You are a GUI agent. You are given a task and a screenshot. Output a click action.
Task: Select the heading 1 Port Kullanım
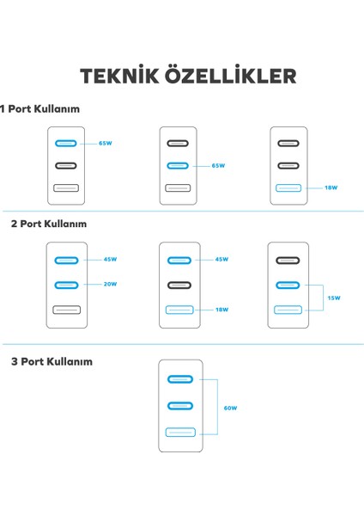pyautogui.click(x=39, y=109)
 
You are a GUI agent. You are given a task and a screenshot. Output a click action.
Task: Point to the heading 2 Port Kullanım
pyautogui.click(x=49, y=224)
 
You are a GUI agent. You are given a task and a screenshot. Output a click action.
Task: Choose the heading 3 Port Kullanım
pyautogui.click(x=52, y=362)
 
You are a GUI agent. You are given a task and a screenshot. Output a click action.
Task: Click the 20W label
pyautogui.click(x=111, y=284)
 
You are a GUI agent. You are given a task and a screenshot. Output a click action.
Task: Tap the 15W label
pyautogui.click(x=334, y=298)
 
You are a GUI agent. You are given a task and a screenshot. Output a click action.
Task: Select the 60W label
pyautogui.click(x=230, y=408)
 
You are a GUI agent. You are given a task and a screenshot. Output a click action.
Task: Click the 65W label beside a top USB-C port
pyautogui.click(x=106, y=143)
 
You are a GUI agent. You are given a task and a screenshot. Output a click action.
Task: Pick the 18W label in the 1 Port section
pyautogui.click(x=331, y=187)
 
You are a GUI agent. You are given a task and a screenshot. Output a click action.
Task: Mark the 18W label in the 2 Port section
pyautogui.click(x=221, y=310)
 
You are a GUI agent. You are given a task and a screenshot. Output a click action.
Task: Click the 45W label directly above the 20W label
pyautogui.click(x=111, y=260)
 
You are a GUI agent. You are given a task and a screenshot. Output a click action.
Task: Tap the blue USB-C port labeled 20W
pyautogui.click(x=66, y=285)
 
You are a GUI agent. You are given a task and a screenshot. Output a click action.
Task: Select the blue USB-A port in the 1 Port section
pyautogui.click(x=288, y=187)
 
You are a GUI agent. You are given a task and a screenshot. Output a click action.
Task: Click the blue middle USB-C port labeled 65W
pyautogui.click(x=178, y=165)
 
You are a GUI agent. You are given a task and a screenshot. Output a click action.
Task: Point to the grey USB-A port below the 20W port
pyautogui.click(x=67, y=310)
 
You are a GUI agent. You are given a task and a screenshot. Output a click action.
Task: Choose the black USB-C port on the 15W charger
pyautogui.click(x=288, y=261)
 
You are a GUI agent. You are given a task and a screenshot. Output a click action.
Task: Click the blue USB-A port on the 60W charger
pyautogui.click(x=180, y=432)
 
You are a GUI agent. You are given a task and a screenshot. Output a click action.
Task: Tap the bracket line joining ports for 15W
pyautogui.click(x=324, y=298)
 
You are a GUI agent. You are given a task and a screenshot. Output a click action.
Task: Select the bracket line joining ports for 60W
pyautogui.click(x=217, y=407)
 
